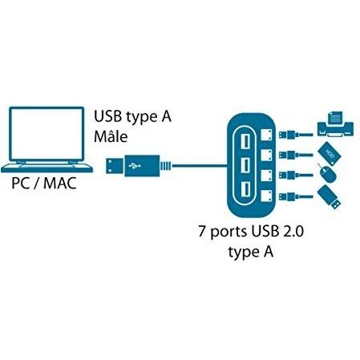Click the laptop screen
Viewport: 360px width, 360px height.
(x=47, y=134)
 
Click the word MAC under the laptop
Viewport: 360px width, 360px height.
(x=60, y=184)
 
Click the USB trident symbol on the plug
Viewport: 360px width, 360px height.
(x=135, y=166)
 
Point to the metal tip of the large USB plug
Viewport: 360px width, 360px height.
(x=115, y=166)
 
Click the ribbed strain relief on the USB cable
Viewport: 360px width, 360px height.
(x=166, y=166)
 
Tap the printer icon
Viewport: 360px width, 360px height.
(x=335, y=124)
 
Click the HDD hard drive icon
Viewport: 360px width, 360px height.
(x=330, y=154)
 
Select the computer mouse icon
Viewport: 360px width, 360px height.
(x=327, y=174)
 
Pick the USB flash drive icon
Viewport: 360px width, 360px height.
(x=329, y=197)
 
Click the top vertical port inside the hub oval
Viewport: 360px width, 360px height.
(x=245, y=141)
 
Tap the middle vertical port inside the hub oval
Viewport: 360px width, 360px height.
(x=245, y=165)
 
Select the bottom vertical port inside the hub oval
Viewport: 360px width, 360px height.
(x=245, y=189)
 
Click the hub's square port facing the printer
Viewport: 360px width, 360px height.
(x=266, y=135)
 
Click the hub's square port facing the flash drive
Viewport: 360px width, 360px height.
(x=266, y=196)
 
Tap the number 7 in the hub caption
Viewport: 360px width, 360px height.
(x=202, y=232)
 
